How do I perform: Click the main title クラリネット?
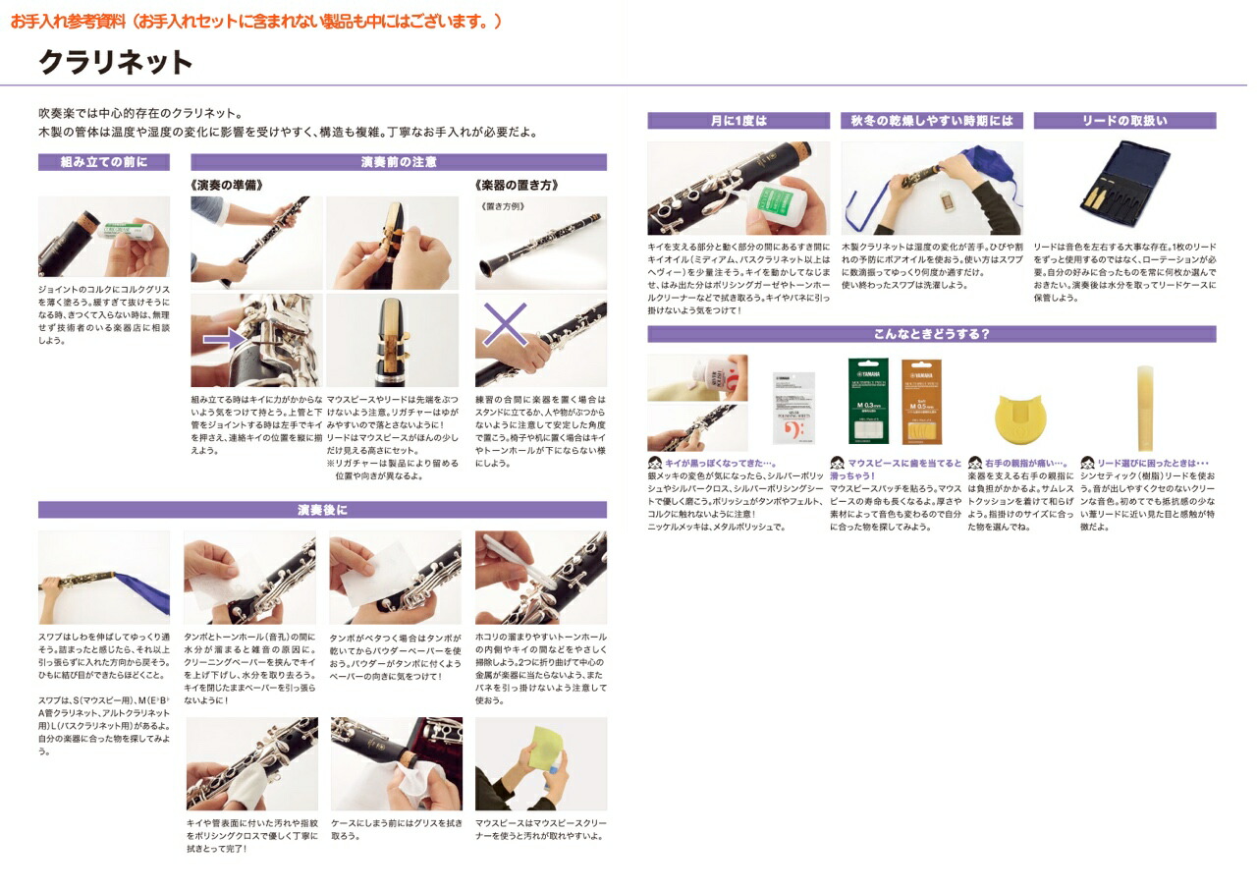pos(116,63)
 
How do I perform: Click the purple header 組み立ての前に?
pos(103,162)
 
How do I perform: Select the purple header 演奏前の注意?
pos(398,162)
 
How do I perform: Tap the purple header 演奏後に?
pos(322,510)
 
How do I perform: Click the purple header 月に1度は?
pos(738,121)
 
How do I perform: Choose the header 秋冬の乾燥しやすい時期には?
pos(932,121)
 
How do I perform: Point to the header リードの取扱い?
pos(1124,121)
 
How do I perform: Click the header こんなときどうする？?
pos(931,334)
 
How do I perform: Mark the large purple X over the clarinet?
pos(505,324)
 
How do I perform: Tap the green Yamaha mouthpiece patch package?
pos(868,401)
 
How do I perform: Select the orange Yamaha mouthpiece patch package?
pos(921,401)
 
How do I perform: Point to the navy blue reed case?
pos(1124,187)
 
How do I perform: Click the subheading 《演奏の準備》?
pos(226,185)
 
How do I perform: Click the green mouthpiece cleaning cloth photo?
pos(540,763)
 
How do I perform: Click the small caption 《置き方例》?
pos(504,206)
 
